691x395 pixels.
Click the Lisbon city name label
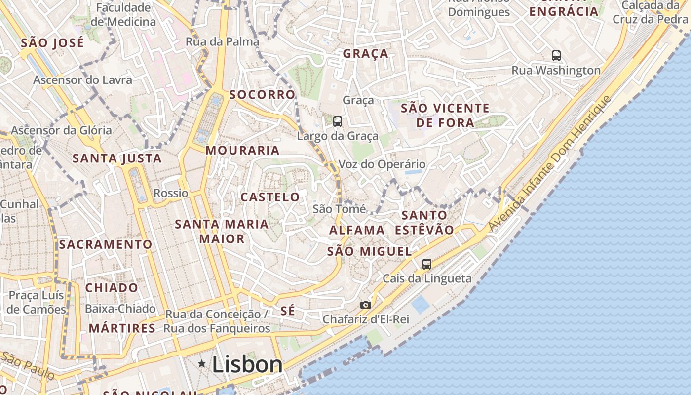tap(247, 365)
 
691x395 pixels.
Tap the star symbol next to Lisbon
tap(202, 364)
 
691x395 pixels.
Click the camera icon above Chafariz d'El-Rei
tap(365, 305)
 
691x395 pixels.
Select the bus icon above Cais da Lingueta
tap(427, 264)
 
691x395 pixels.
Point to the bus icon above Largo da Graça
tap(338, 121)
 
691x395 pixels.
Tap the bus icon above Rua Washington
tap(556, 56)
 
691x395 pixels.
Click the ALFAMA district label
tap(357, 230)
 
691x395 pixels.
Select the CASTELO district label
tap(270, 197)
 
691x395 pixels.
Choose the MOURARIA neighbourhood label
tap(242, 150)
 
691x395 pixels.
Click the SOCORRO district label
tap(262, 94)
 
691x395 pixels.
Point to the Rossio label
tap(171, 193)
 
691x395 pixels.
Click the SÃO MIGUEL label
tap(369, 251)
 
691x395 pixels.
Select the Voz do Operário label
tap(382, 164)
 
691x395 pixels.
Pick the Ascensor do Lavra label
tap(82, 80)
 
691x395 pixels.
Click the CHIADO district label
tap(112, 287)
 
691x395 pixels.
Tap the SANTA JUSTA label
tap(117, 158)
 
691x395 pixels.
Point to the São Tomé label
tap(339, 209)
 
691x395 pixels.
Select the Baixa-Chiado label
tap(120, 309)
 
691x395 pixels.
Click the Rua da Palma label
tap(222, 42)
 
